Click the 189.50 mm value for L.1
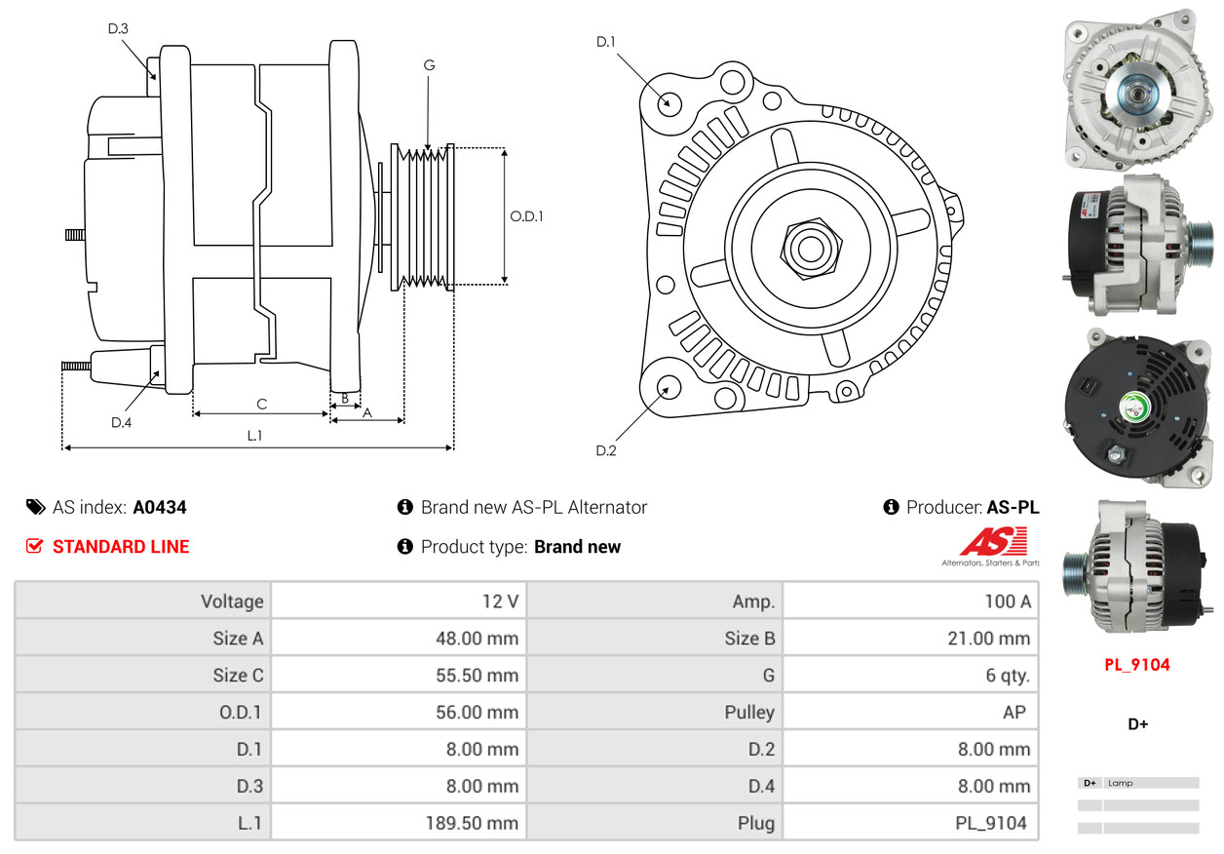[472, 823]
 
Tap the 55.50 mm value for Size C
[477, 675]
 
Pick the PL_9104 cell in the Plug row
[991, 823]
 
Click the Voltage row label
[232, 601]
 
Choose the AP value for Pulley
[1014, 712]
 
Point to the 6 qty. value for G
[1008, 675]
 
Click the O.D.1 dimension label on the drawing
[526, 216]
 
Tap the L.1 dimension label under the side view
[254, 436]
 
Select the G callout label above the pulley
[429, 65]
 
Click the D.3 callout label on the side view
[118, 28]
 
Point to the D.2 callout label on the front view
[606, 450]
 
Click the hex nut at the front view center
[808, 247]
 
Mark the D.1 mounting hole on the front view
[669, 101]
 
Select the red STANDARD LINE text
[121, 547]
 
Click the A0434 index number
[160, 507]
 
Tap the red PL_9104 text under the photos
[1136, 665]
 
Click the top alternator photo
[1136, 88]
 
